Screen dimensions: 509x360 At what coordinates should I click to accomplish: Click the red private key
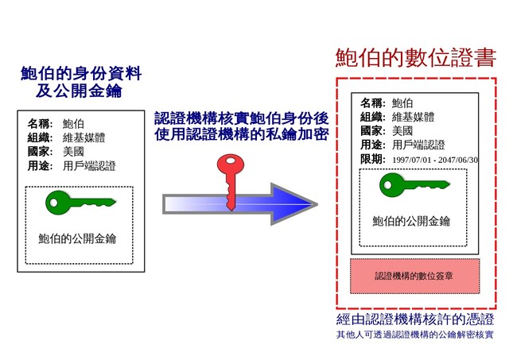230,182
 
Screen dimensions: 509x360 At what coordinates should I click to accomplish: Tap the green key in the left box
80,203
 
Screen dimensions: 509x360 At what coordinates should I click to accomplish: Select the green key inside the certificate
414,185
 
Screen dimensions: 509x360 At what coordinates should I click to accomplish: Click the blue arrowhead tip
317,204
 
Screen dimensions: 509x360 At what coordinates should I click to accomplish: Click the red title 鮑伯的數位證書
416,58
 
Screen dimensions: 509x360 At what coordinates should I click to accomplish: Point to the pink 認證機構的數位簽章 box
414,276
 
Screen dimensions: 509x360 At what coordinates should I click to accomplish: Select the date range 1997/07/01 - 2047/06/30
435,160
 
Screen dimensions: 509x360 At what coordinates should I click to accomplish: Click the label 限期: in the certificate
373,159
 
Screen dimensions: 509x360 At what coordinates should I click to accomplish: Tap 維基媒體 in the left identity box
84,137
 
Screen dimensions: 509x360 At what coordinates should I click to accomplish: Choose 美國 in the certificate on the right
402,130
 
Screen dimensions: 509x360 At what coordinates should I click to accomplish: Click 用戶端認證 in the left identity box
89,166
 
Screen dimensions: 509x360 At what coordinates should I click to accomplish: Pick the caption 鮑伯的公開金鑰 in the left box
77,238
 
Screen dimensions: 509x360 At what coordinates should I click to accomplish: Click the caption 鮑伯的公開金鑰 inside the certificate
411,221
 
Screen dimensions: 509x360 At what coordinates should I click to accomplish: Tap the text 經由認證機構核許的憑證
415,319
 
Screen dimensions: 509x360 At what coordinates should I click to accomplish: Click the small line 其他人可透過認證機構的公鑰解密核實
415,335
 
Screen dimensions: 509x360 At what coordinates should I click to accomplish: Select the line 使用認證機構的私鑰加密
242,134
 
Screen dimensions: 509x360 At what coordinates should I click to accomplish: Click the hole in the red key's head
231,161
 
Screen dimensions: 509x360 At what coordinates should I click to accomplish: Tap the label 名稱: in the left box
40,123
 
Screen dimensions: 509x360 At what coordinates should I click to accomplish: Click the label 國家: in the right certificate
373,130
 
